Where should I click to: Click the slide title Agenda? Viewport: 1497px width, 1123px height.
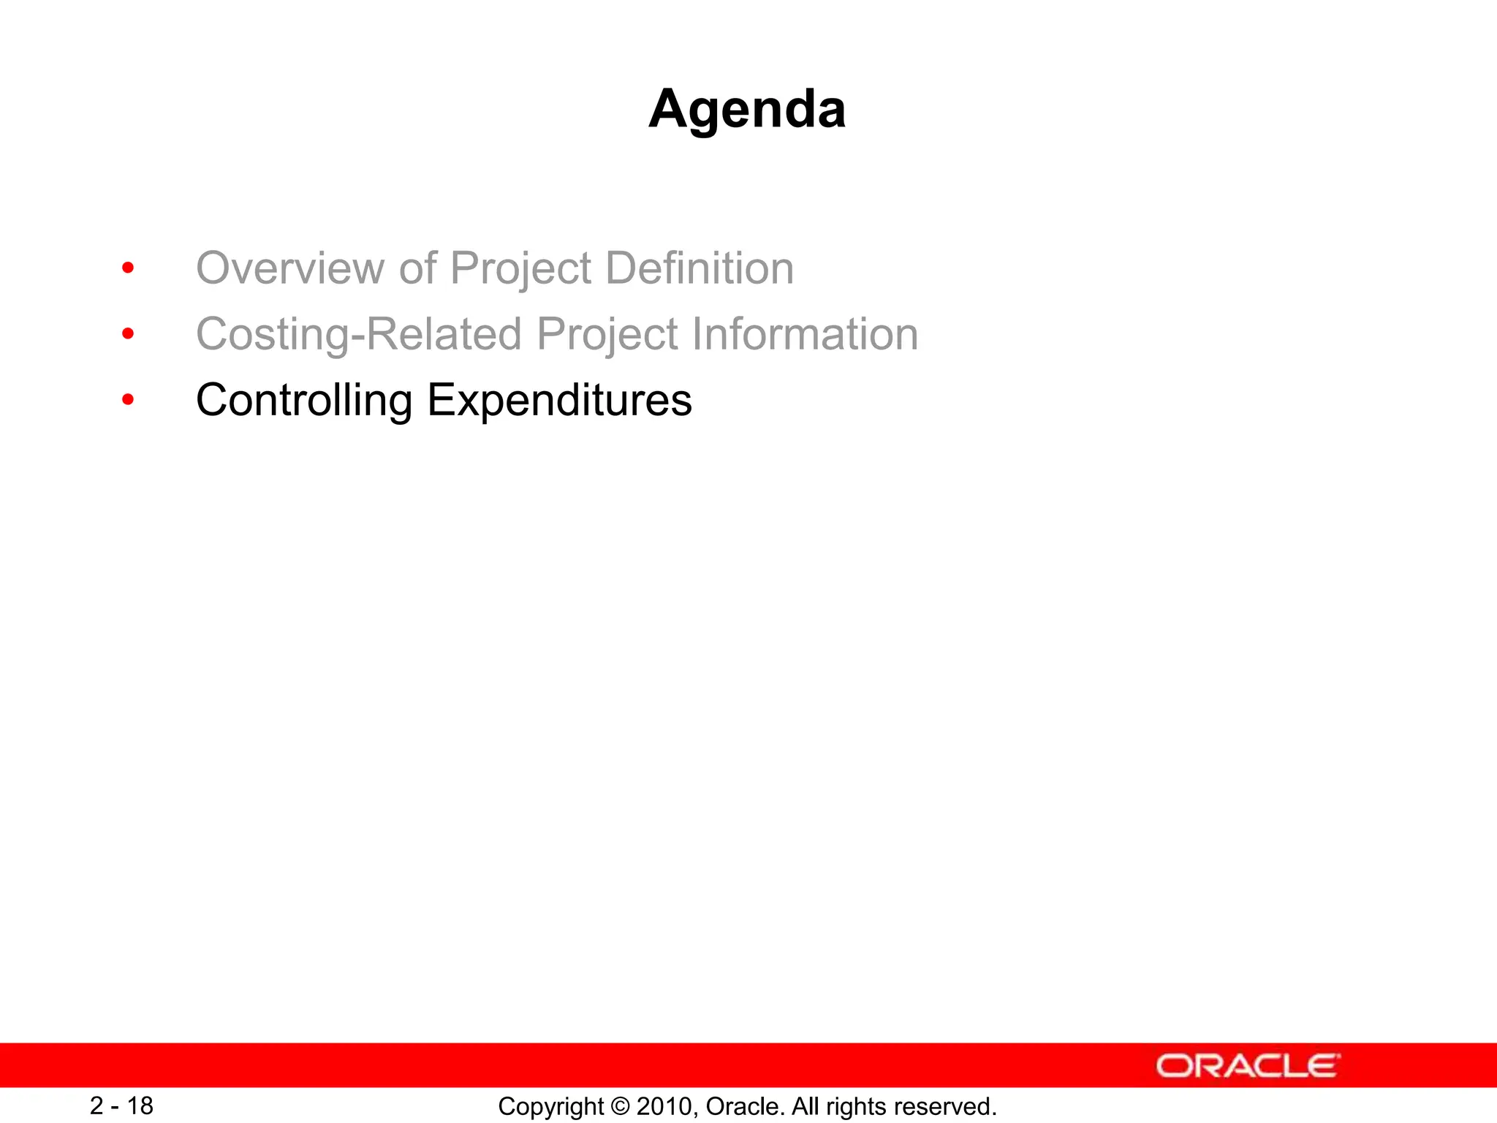click(x=747, y=109)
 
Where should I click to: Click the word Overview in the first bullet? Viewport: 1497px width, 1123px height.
click(x=290, y=268)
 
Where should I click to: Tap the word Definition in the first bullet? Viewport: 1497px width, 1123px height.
click(x=700, y=268)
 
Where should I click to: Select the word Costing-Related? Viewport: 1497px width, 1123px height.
click(x=359, y=334)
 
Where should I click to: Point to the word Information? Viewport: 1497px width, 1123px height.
click(x=805, y=334)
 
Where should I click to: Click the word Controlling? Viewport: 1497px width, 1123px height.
click(x=304, y=401)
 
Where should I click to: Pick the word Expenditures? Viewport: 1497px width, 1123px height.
click(x=559, y=401)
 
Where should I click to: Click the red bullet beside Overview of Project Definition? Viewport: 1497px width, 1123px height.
click(x=128, y=268)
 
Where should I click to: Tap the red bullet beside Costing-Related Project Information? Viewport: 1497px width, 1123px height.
click(x=128, y=334)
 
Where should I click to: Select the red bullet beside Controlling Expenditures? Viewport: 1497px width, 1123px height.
click(x=128, y=400)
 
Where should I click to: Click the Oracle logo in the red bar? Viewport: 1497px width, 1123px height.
click(x=1248, y=1065)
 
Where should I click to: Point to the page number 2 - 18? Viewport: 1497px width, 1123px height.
click(x=121, y=1105)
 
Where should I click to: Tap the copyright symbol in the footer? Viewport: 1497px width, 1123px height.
click(x=621, y=1106)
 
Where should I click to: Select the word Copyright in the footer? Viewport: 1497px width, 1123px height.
click(x=551, y=1107)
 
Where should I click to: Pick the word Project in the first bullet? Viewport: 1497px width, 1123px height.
click(x=520, y=268)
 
